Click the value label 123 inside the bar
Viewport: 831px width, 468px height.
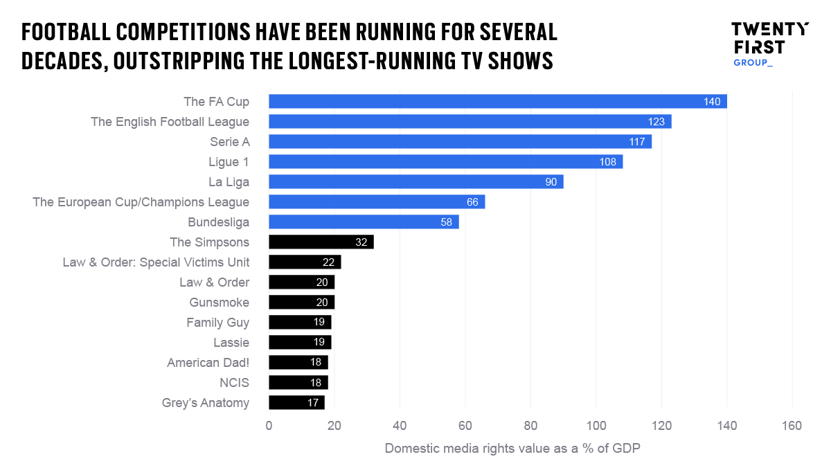(656, 122)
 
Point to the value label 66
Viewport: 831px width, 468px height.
(473, 202)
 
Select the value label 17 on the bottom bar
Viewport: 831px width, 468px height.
(313, 403)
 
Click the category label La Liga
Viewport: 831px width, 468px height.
(229, 182)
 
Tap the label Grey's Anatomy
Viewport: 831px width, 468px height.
(206, 403)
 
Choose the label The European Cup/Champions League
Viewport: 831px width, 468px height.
(141, 202)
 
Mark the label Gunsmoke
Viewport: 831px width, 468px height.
(220, 303)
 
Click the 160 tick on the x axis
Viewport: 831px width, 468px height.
(792, 426)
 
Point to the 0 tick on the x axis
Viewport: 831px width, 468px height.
(269, 426)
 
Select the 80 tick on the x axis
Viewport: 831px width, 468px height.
(530, 426)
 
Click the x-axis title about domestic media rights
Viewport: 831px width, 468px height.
(512, 448)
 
